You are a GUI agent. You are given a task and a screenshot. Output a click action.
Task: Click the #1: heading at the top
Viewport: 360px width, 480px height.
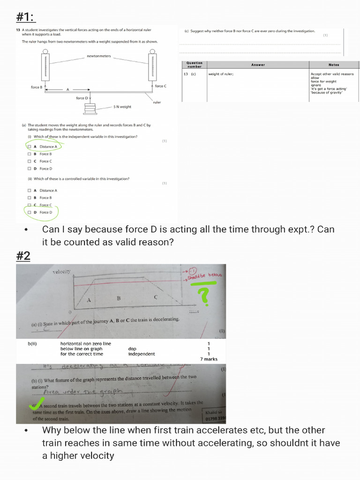tap(26, 17)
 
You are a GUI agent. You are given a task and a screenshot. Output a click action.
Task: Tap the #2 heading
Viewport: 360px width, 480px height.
tap(23, 256)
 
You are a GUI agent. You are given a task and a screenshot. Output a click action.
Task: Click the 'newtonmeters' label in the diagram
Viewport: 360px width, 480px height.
tap(99, 56)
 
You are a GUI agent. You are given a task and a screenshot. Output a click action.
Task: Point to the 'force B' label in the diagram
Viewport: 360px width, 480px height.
tap(36, 87)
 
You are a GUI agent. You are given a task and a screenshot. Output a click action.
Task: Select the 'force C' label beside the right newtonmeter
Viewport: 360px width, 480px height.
tap(161, 86)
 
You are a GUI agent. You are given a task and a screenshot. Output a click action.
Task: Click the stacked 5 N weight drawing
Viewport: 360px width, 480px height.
tap(90, 109)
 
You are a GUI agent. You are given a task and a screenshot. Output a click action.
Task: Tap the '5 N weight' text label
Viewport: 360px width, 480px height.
tap(122, 107)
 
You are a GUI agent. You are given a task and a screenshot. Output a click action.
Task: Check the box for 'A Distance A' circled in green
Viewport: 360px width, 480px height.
tap(30, 147)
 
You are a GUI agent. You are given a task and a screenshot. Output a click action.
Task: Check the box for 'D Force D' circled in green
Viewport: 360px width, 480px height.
tap(30, 212)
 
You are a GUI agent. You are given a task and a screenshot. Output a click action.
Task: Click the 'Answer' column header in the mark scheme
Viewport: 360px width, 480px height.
tap(258, 65)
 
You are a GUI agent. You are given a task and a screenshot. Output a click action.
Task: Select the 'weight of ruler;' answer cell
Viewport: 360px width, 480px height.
tap(221, 74)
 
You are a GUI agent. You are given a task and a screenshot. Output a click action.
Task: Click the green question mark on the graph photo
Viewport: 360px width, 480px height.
tap(203, 295)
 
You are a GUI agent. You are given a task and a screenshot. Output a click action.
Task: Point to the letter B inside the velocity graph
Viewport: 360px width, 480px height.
tap(119, 298)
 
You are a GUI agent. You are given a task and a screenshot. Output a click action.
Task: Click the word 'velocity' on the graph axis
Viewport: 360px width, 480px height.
tap(61, 271)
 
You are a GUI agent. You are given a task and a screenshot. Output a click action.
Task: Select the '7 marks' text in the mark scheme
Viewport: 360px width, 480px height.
tap(209, 359)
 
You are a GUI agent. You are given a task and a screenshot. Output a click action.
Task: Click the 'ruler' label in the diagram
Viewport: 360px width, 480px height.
tap(157, 102)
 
